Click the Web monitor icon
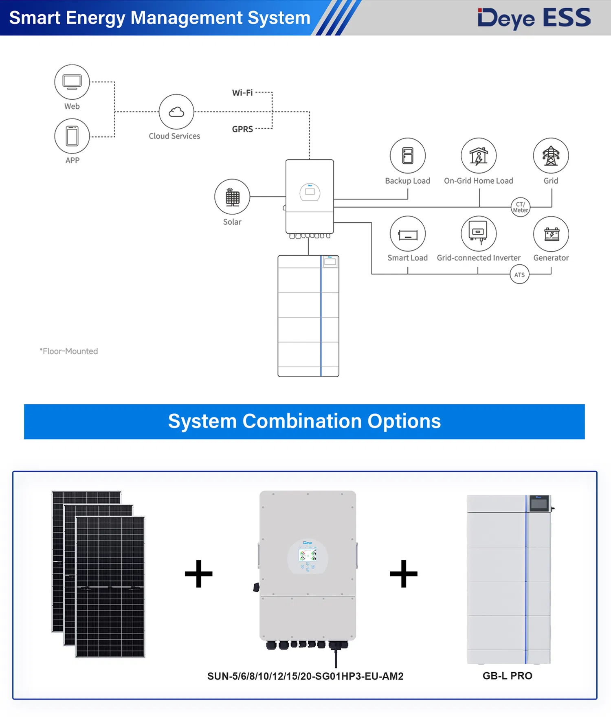pyautogui.click(x=72, y=82)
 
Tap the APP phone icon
pyautogui.click(x=72, y=136)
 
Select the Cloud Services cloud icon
pyautogui.click(x=176, y=112)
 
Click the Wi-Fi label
pyautogui.click(x=242, y=93)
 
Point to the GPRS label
pyautogui.click(x=242, y=129)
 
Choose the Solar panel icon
pyautogui.click(x=232, y=197)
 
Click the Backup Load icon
pyautogui.click(x=408, y=156)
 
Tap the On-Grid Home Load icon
pyautogui.click(x=479, y=156)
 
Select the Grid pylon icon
pyautogui.click(x=551, y=156)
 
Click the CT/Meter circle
pyautogui.click(x=521, y=207)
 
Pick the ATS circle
pyautogui.click(x=520, y=274)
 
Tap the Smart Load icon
pyautogui.click(x=408, y=234)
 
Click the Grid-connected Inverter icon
pyautogui.click(x=479, y=234)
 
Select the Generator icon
pyautogui.click(x=551, y=234)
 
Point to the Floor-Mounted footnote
pyautogui.click(x=69, y=351)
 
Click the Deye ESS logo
pyautogui.click(x=534, y=18)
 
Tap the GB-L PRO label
pyautogui.click(x=508, y=676)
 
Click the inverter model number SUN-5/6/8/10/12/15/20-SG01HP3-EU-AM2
pyautogui.click(x=305, y=676)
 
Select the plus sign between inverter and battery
pyautogui.click(x=404, y=574)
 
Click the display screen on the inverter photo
pyautogui.click(x=308, y=555)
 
